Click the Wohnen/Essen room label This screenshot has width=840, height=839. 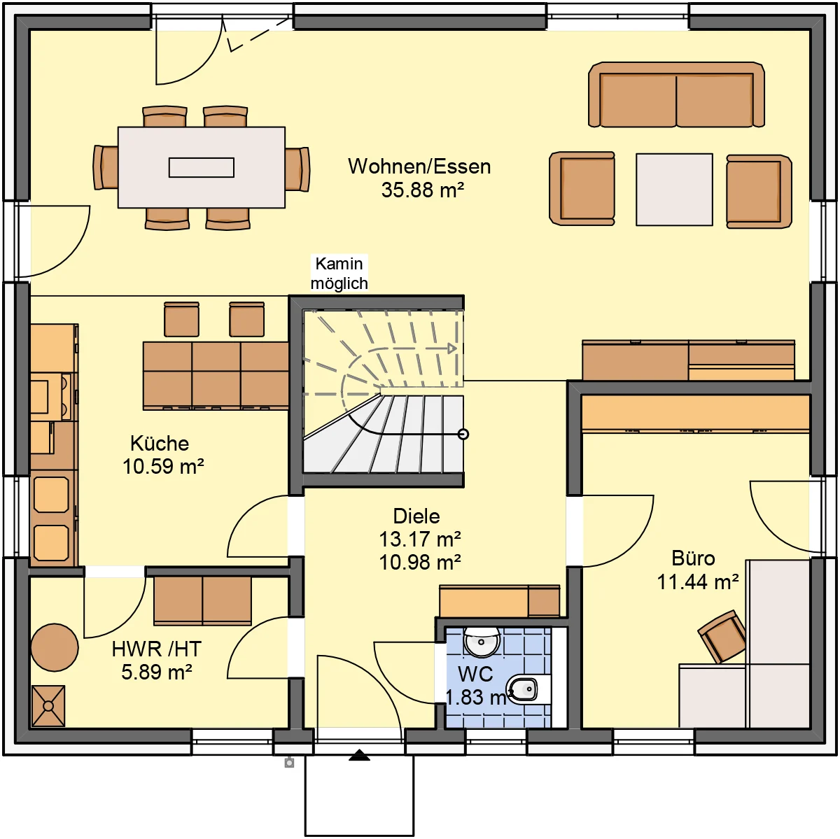point(419,167)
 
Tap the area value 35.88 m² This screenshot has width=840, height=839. point(422,190)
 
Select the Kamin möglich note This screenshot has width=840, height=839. point(339,274)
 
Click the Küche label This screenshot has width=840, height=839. point(160,443)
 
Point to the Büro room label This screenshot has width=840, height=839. point(693,558)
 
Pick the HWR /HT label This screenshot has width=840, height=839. point(156,649)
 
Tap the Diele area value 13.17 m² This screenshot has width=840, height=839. point(420,539)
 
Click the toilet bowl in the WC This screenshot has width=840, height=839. point(523,690)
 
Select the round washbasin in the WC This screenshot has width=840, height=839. point(481,642)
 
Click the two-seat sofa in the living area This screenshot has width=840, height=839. point(676,94)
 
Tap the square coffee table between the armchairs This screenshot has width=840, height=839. point(674,189)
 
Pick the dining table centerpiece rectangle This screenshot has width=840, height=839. point(202,167)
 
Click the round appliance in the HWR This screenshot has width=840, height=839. point(55,647)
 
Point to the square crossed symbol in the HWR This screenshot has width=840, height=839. point(48,705)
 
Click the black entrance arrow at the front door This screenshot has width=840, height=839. point(359,755)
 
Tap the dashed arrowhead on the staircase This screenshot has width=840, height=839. point(452,348)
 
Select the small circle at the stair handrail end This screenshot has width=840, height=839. point(463,434)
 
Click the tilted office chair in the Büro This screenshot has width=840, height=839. point(722,637)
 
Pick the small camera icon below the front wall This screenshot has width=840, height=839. point(289,763)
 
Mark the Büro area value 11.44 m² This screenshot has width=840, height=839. point(697,582)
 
